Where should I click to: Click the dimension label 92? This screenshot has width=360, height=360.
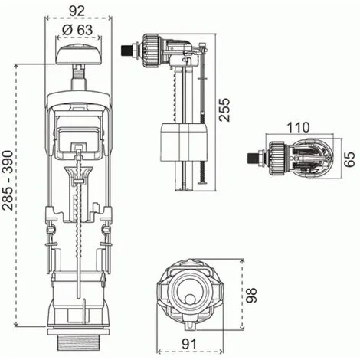[x=77, y=11]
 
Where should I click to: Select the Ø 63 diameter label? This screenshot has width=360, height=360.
[x=77, y=30]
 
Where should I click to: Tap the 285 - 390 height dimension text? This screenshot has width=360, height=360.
[x=8, y=181]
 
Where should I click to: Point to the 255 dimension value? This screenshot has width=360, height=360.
[x=224, y=110]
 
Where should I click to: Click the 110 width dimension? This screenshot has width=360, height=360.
[x=299, y=127]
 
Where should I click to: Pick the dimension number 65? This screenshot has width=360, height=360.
[x=349, y=159]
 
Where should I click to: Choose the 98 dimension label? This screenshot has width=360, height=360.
[x=250, y=296]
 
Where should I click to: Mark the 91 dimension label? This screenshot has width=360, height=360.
[x=189, y=344]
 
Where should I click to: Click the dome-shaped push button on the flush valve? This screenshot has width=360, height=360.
[x=78, y=54]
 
